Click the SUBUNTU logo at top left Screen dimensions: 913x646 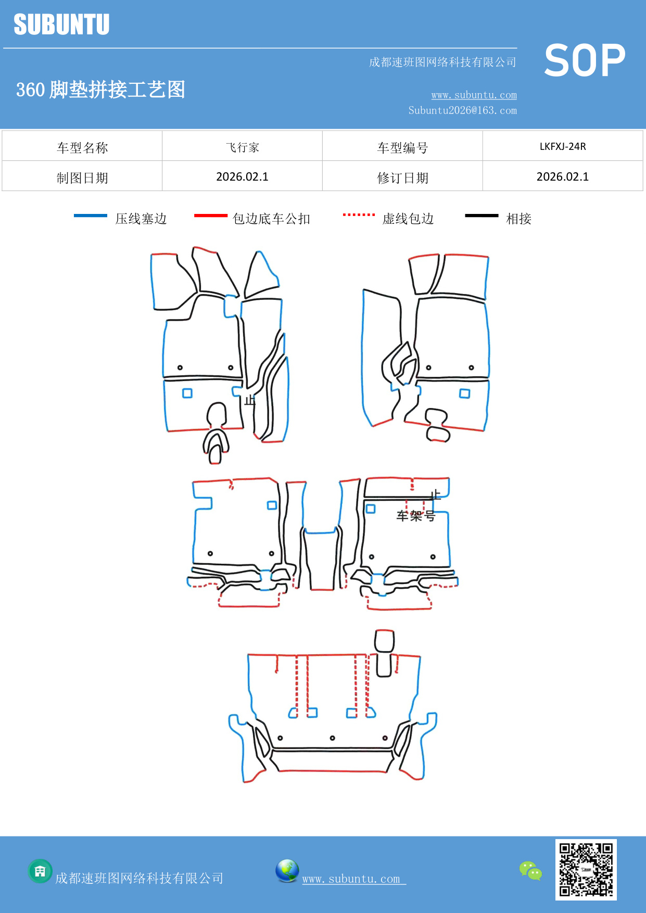pyautogui.click(x=61, y=24)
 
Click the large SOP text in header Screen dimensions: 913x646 pyautogui.click(x=584, y=60)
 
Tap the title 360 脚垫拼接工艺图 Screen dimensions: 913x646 pyautogui.click(x=100, y=90)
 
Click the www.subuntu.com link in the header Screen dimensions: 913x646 pyautogui.click(x=474, y=95)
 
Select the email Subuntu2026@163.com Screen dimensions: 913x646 pyautogui.click(x=462, y=110)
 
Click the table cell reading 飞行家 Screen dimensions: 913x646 pyautogui.click(x=242, y=147)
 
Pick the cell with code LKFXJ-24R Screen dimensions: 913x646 pyautogui.click(x=562, y=146)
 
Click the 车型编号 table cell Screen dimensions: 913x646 pyautogui.click(x=402, y=148)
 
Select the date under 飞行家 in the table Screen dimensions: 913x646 pyautogui.click(x=242, y=176)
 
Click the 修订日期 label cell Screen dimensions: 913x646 pyautogui.click(x=402, y=178)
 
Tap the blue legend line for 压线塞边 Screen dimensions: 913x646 pyautogui.click(x=90, y=215)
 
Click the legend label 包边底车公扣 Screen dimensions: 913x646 pyautogui.click(x=271, y=219)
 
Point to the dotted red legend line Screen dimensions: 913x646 pyautogui.click(x=359, y=214)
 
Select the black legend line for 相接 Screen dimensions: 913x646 pyautogui.click(x=482, y=215)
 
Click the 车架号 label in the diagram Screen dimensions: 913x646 pyautogui.click(x=415, y=516)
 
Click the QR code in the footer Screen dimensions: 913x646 pyautogui.click(x=586, y=869)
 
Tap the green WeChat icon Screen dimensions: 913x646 pyautogui.click(x=530, y=870)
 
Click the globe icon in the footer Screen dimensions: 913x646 pyautogui.click(x=287, y=871)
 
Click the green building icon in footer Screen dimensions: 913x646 pyautogui.click(x=40, y=871)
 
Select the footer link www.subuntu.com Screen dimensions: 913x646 pyautogui.click(x=351, y=879)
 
